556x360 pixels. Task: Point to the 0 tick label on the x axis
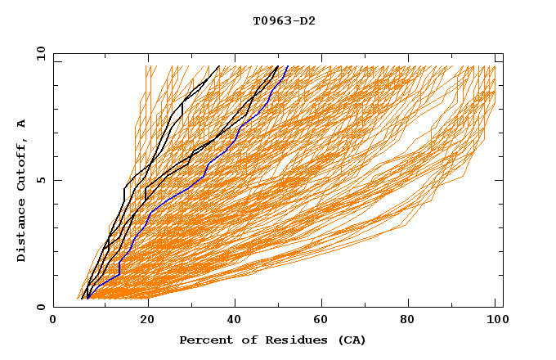(54, 322)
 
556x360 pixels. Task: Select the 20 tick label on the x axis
(146, 322)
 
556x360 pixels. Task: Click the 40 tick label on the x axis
(234, 322)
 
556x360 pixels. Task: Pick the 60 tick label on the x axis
(322, 322)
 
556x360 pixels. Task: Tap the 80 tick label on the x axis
(410, 322)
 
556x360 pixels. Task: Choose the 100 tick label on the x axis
(495, 322)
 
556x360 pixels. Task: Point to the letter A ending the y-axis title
(21, 124)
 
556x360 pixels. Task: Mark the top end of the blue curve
(287, 65)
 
